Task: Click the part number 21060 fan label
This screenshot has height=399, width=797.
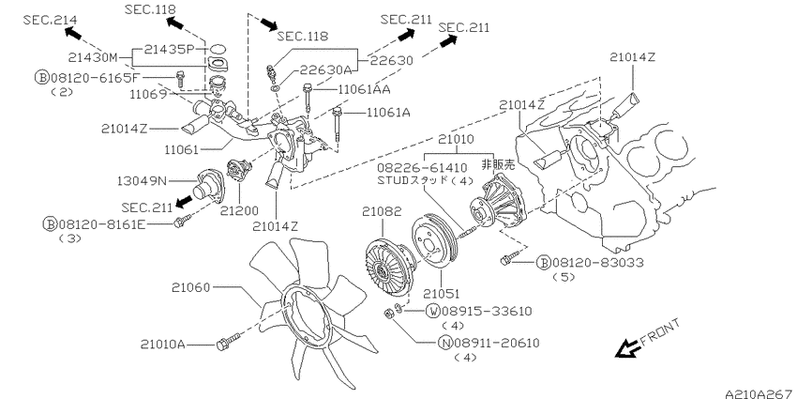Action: [x=190, y=287]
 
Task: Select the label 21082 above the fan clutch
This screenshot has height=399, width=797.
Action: [x=382, y=211]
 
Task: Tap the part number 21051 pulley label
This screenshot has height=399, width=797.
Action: [x=443, y=294]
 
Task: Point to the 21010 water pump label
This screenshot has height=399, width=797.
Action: [x=456, y=139]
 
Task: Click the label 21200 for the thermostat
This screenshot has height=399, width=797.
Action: [x=239, y=210]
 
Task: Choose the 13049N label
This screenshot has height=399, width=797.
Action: [x=143, y=179]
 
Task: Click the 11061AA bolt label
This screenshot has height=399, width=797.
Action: [x=364, y=89]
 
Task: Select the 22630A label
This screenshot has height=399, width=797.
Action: [x=325, y=70]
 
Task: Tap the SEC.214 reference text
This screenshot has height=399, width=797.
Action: [x=51, y=20]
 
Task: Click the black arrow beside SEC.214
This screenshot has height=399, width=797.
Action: [x=73, y=34]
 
